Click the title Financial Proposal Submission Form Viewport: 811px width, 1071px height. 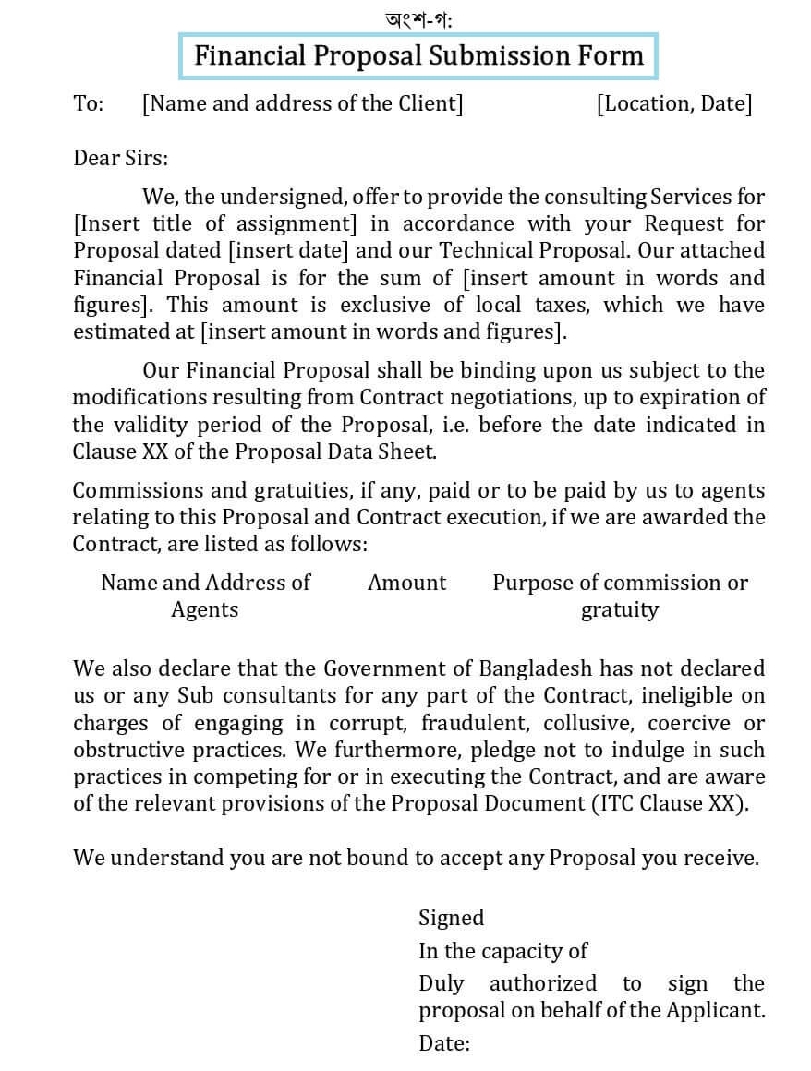point(418,55)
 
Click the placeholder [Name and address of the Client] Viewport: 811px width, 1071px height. point(302,103)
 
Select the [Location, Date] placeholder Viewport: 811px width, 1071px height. point(674,103)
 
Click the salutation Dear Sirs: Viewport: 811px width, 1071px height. point(121,158)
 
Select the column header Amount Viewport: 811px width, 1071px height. point(406,583)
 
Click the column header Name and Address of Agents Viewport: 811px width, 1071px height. point(205,596)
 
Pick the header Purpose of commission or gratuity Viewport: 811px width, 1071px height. point(620,596)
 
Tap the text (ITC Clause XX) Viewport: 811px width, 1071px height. point(670,803)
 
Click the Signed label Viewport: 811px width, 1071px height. point(451,918)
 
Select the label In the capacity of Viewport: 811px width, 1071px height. point(502,951)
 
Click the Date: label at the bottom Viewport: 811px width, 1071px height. point(444,1044)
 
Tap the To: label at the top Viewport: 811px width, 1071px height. point(88,103)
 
